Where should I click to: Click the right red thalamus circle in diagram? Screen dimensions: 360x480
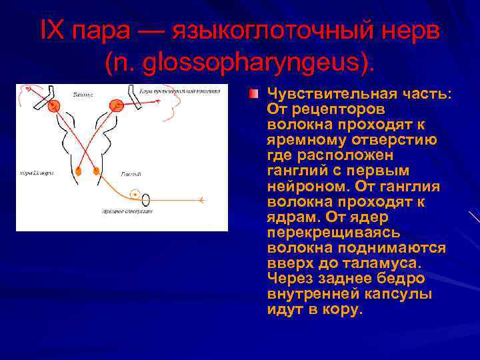click(117, 105)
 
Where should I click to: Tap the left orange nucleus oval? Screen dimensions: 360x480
click(79, 171)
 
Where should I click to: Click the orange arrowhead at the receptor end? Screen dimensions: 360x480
click(202, 200)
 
